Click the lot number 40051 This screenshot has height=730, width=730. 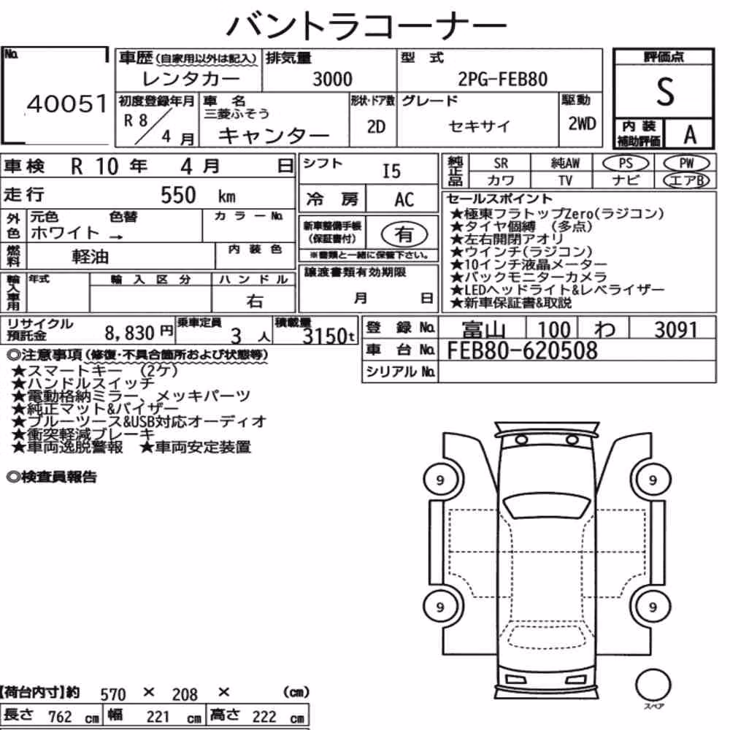(x=67, y=104)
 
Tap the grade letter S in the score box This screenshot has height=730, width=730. (x=665, y=92)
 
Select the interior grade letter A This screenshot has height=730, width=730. (x=690, y=134)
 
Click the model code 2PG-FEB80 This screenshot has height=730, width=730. (x=503, y=79)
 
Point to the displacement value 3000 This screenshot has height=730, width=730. (x=332, y=79)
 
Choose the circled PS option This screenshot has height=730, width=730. (x=626, y=164)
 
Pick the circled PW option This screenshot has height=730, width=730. (x=686, y=164)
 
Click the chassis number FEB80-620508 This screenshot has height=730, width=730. (x=522, y=350)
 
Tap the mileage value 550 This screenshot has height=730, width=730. (x=178, y=195)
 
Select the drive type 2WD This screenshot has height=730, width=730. (x=582, y=124)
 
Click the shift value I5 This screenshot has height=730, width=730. (x=391, y=172)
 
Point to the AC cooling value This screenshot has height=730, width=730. (x=404, y=200)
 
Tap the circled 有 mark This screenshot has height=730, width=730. (x=404, y=234)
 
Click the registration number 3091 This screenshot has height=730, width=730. (x=675, y=330)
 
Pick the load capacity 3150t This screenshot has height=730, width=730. (x=328, y=335)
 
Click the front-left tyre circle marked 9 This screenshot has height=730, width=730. (x=440, y=480)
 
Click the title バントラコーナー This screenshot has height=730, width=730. (x=366, y=25)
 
